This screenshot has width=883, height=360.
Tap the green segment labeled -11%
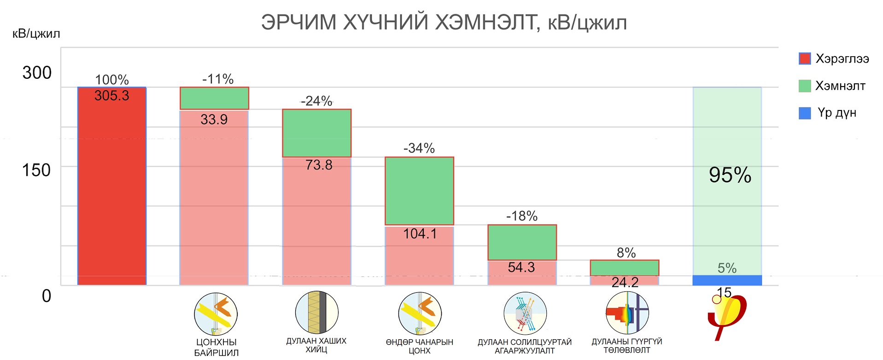coord(214,98)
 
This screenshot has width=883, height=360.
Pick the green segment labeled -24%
coord(316,133)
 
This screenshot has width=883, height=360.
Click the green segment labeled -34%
coord(419,191)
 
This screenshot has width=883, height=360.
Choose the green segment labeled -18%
coord(522,242)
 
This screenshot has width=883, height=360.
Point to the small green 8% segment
coord(625,268)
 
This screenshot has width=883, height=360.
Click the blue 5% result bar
coord(727,280)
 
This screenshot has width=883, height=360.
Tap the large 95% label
coord(730,175)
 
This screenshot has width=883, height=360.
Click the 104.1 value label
coord(420,234)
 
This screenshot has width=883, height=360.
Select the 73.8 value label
coord(318,165)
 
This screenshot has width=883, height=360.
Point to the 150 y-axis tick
coord(36,170)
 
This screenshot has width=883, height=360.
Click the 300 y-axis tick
coord(37,73)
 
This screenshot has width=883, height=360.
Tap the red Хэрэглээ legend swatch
coord(804,58)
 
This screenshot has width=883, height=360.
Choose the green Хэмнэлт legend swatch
coord(804,86)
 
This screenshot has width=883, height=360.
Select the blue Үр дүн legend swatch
coord(804,113)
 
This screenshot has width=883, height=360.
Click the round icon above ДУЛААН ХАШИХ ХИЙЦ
coord(316,312)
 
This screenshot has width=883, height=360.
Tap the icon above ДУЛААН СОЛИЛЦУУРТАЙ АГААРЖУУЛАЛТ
coord(525,314)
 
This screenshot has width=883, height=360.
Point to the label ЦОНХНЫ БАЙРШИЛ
coord(216,347)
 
